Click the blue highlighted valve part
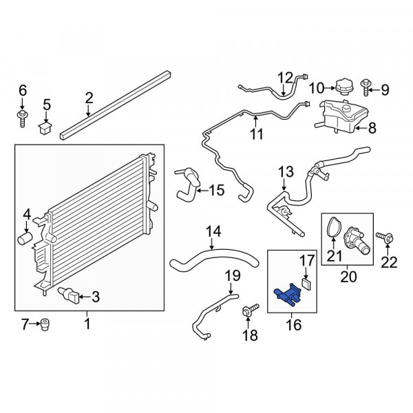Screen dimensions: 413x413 [288, 294]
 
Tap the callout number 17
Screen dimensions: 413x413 [307, 260]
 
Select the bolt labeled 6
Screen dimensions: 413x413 [23, 119]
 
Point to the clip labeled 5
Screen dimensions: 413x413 [45, 127]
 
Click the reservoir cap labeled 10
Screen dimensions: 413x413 [343, 87]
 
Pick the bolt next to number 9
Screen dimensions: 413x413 [366, 87]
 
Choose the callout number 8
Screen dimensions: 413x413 [372, 129]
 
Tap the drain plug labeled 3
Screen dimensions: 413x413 [69, 296]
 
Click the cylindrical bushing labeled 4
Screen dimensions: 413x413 [25, 237]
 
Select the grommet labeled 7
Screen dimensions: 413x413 [45, 324]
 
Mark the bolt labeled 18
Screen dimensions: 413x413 [251, 310]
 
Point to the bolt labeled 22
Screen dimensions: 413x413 [385, 237]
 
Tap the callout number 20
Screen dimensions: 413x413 [348, 277]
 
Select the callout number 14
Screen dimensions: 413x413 [213, 232]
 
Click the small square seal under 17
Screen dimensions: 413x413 [306, 284]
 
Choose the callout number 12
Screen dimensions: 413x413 [286, 78]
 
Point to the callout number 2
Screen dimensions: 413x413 [89, 98]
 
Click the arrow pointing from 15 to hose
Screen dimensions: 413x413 [202, 191]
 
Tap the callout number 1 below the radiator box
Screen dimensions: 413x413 [87, 324]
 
